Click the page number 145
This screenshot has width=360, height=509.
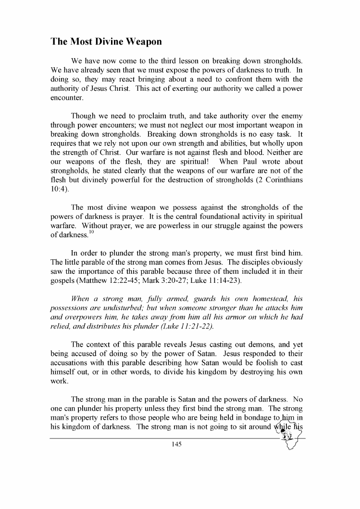pyautogui.click(x=175, y=444)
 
